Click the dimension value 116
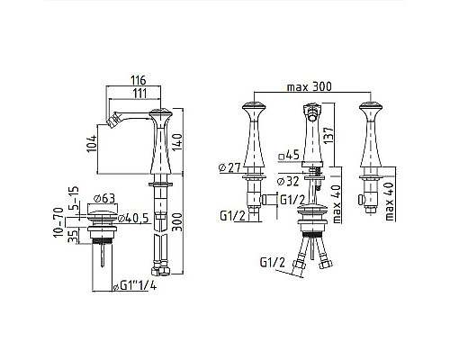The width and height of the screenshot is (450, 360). pos(139,80)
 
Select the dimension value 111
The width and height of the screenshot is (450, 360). pos(140,94)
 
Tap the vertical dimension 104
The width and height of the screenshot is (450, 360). pos(92,144)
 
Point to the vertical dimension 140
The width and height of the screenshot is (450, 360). pos(177,142)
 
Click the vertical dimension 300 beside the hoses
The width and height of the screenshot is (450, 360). pos(177,222)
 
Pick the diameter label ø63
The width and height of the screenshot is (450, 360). pos(104,198)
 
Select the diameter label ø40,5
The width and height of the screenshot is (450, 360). pos(133,218)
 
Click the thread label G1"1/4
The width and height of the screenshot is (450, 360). pos(135,286)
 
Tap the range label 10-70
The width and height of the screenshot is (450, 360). pos(58,222)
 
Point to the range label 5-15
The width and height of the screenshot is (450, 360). pos(74,198)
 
